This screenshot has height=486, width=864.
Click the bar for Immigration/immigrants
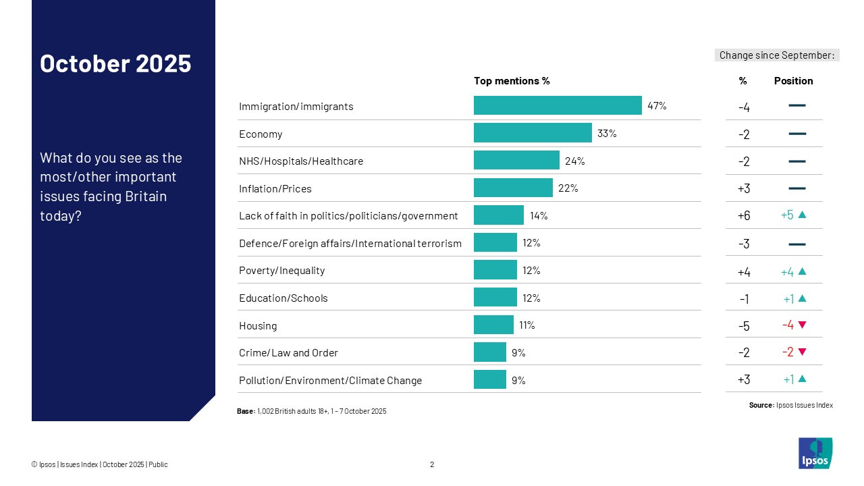(558, 105)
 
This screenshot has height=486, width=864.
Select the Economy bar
(533, 133)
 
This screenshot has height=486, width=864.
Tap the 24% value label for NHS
(575, 161)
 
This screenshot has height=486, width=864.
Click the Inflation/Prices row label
(275, 189)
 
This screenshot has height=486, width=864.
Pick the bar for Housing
(493, 325)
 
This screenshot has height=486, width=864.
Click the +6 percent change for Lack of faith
(743, 216)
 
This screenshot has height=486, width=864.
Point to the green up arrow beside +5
(802, 215)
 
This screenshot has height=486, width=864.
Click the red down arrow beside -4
(802, 325)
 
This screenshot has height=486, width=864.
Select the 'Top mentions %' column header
(512, 81)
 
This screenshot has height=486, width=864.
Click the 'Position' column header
(793, 81)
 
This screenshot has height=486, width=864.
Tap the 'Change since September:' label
(777, 55)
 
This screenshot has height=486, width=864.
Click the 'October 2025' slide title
(115, 63)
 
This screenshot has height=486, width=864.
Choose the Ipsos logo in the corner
(815, 453)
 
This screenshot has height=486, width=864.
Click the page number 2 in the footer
(432, 464)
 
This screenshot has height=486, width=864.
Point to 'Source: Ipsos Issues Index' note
(790, 405)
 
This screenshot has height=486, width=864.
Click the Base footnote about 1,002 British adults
(312, 411)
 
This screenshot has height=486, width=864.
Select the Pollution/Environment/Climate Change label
(330, 381)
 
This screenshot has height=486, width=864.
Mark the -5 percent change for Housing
(743, 326)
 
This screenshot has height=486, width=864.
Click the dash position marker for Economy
(796, 134)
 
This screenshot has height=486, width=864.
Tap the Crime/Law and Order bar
(489, 352)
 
